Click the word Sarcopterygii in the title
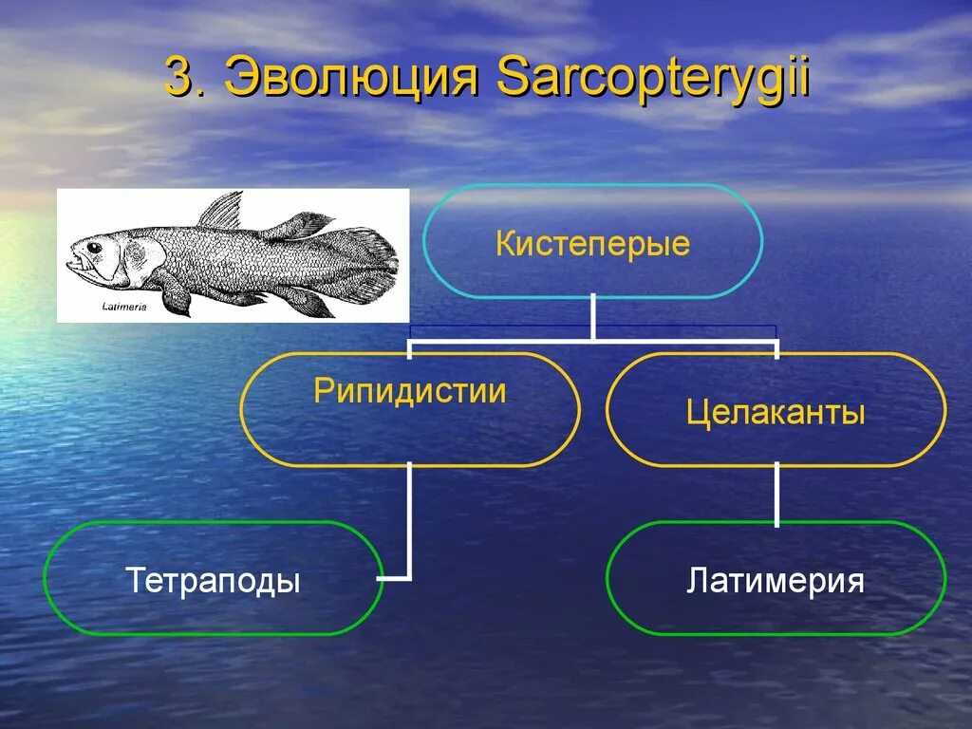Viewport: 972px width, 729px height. click(x=652, y=80)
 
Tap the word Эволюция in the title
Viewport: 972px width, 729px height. click(x=350, y=78)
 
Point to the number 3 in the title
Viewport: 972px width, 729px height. click(x=180, y=78)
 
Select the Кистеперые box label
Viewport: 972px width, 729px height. click(x=592, y=244)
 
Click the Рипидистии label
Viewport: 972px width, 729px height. click(x=410, y=391)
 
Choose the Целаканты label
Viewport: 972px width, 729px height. click(x=776, y=412)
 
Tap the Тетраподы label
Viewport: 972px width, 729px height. click(x=213, y=580)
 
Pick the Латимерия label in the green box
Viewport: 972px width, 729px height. click(x=776, y=580)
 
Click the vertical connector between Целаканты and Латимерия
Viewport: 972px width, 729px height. click(x=776, y=494)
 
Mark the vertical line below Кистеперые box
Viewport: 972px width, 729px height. click(x=593, y=317)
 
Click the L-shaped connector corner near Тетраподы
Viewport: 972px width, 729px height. click(x=408, y=575)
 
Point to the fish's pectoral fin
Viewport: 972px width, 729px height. click(x=175, y=294)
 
